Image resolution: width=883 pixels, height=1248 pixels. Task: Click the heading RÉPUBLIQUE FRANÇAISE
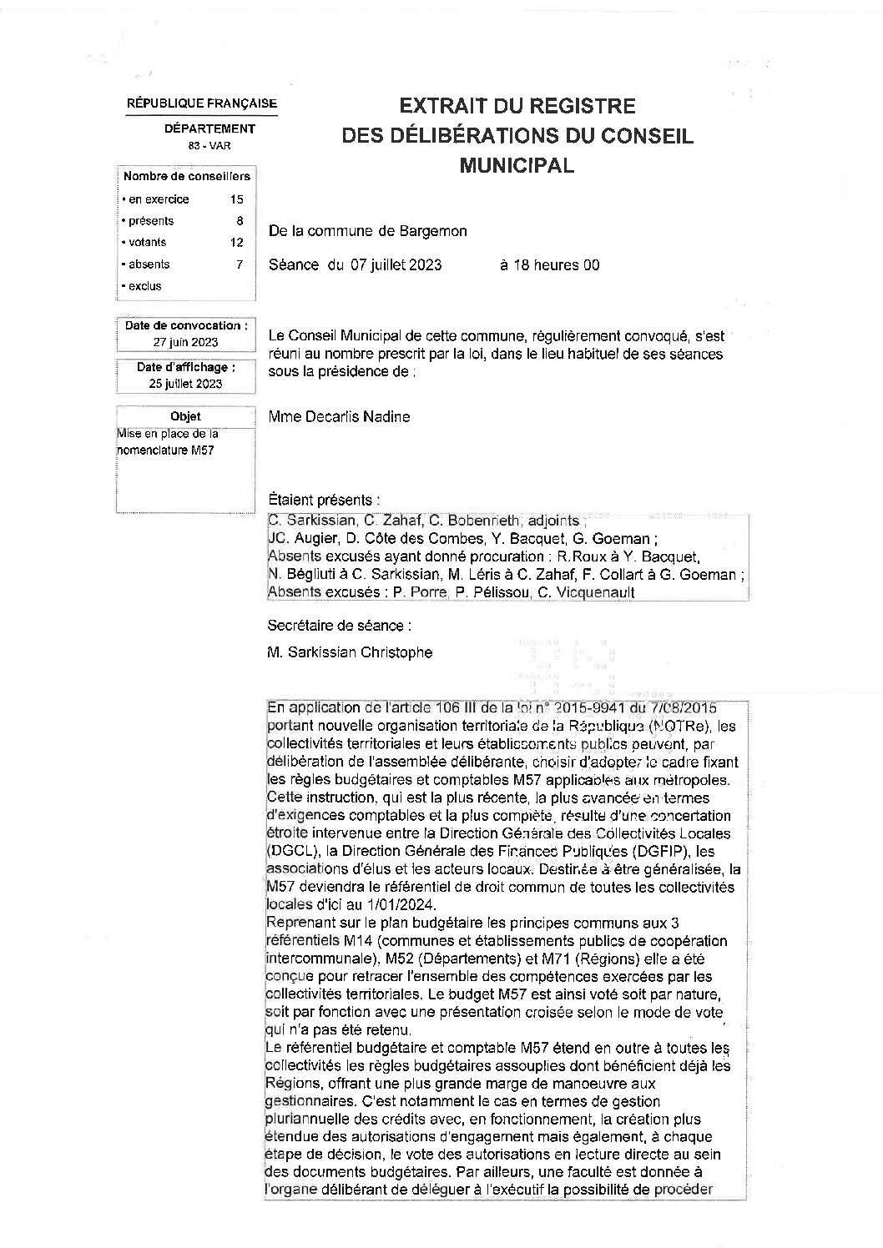coord(201,103)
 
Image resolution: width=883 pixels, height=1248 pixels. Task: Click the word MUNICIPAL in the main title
coord(517,165)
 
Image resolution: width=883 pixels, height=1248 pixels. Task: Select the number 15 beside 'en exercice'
coord(236,199)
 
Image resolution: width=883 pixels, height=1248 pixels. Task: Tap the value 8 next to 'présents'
coord(240,221)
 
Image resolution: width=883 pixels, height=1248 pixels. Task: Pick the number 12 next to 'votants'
coord(237,243)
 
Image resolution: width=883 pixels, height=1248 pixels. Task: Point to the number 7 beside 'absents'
coord(240,264)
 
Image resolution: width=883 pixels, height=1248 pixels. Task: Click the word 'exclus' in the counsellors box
coord(144,286)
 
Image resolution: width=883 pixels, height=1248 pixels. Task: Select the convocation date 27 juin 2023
coord(185,342)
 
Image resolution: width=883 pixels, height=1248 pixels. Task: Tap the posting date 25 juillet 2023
coord(185,384)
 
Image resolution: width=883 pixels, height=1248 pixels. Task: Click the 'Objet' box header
coord(185,416)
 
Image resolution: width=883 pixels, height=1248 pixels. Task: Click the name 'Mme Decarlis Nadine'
coord(339,416)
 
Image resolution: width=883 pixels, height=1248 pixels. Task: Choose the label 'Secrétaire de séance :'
coord(339,625)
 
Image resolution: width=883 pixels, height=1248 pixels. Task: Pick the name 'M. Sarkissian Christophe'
coord(350,652)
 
